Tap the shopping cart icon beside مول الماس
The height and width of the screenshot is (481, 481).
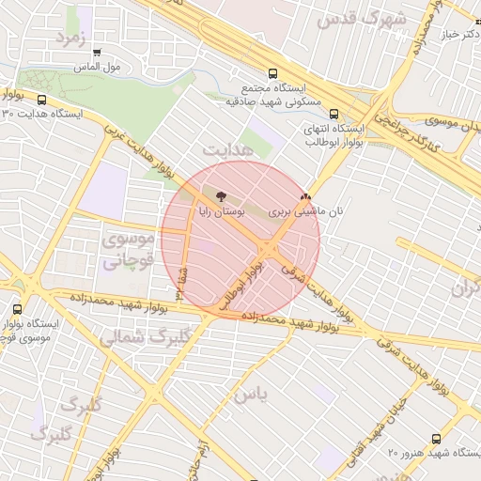coord(97,53)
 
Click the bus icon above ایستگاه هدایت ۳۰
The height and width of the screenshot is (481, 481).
coord(41,99)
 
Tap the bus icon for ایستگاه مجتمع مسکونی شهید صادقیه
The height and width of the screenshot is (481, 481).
coord(272,72)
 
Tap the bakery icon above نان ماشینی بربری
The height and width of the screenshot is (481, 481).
coord(304,197)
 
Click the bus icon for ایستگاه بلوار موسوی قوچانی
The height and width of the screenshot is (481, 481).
coord(18,309)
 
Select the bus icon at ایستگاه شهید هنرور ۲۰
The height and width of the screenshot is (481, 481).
coord(435,438)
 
